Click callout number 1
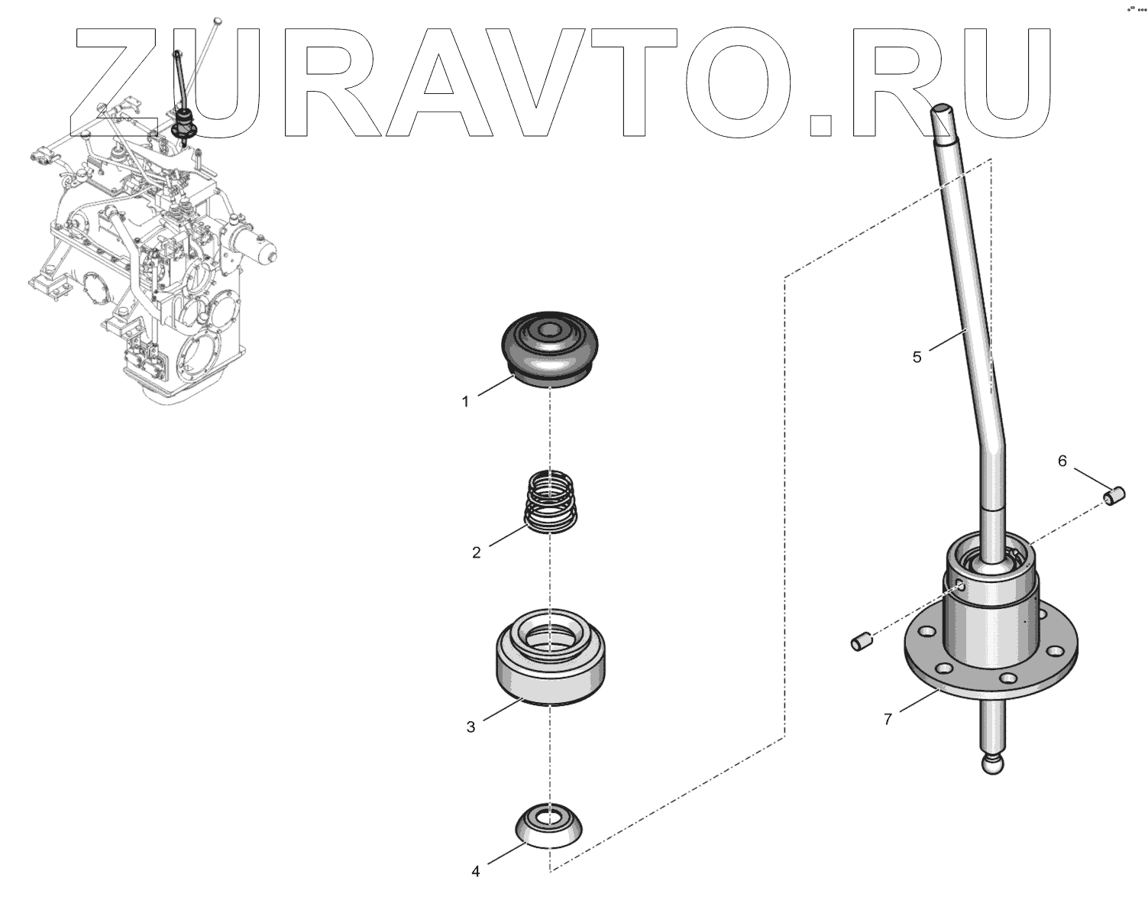[x=465, y=401]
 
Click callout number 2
[x=477, y=553]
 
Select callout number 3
[x=471, y=727]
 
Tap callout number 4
[x=475, y=872]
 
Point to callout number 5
[x=917, y=357]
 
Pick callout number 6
[x=1062, y=461]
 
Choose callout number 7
[x=888, y=719]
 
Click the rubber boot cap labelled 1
[x=550, y=348]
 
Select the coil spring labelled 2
[x=550, y=501]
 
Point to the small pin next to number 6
[x=1114, y=496]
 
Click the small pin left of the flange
[x=861, y=640]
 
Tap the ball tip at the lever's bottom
[x=992, y=764]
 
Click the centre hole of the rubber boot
[x=548, y=331]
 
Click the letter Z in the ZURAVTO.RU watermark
[x=113, y=81]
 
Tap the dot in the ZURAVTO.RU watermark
[x=820, y=125]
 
